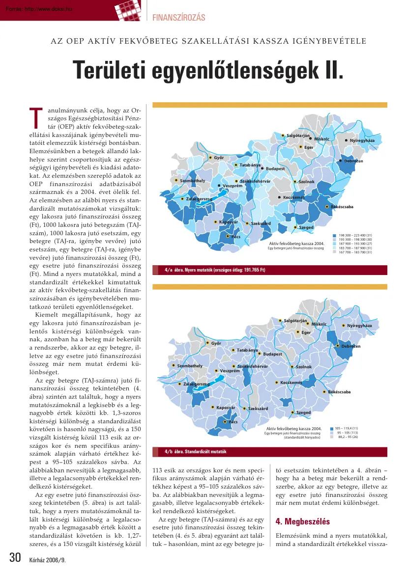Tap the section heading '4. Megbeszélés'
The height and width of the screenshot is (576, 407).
click(x=303, y=521)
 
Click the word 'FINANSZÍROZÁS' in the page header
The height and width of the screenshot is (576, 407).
click(x=179, y=18)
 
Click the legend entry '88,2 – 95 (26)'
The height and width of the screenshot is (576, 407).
click(x=348, y=437)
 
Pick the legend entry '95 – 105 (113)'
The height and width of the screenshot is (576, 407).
click(x=348, y=433)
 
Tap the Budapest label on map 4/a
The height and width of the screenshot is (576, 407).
click(x=275, y=169)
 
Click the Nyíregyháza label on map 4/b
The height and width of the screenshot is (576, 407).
click(x=359, y=326)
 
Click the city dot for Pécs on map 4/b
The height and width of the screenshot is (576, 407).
click(x=225, y=422)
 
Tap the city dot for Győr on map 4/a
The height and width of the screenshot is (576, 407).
click(x=210, y=158)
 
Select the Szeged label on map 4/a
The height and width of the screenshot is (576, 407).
click(x=306, y=228)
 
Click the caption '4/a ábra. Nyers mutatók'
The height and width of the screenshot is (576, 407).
click(x=215, y=270)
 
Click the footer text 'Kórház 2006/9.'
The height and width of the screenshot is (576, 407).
click(x=47, y=560)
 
